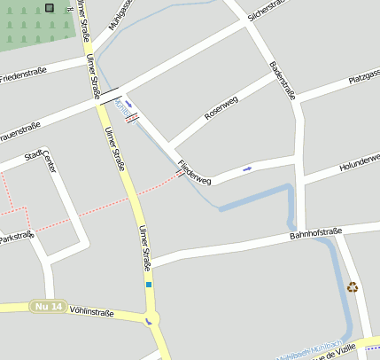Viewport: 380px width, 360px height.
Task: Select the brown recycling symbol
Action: coord(353,286)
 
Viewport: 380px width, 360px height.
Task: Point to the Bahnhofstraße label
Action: coord(315,234)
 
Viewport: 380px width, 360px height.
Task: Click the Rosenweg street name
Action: coord(221,108)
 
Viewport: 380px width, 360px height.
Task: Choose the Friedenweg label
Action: coord(195,172)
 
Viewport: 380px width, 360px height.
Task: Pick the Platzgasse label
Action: coord(364,81)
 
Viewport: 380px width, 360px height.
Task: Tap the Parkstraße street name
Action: coord(16,238)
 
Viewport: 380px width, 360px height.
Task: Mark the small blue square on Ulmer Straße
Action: coord(149,285)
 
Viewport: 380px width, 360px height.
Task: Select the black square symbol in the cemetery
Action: coord(49,8)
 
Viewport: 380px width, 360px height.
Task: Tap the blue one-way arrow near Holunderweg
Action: coord(247,168)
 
